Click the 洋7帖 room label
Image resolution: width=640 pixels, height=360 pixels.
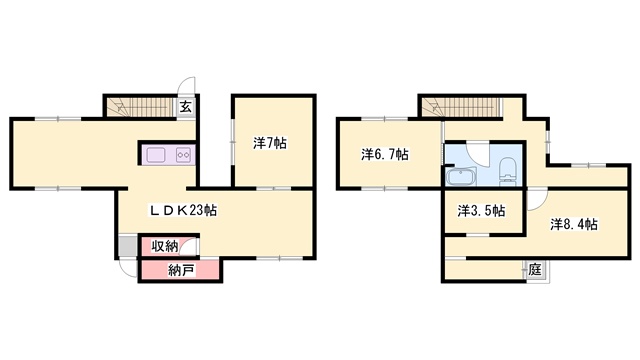[270, 143]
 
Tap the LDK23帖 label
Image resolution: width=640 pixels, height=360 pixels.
[183, 210]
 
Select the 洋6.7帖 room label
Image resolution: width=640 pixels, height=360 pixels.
[384, 155]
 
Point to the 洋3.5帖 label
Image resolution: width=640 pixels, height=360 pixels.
[481, 211]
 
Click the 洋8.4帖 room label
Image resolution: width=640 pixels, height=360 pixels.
[574, 224]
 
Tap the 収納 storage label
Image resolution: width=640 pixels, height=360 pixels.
[165, 246]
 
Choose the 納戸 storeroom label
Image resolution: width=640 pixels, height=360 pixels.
[181, 270]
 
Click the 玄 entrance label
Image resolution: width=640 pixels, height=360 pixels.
[186, 107]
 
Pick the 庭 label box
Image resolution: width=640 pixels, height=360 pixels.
[535, 270]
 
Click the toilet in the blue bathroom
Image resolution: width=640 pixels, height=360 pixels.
[508, 169]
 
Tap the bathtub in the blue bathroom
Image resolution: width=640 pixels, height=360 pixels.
[461, 177]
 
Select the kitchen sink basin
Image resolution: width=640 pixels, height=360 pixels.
[156, 155]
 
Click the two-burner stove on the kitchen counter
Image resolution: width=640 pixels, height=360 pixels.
[183, 155]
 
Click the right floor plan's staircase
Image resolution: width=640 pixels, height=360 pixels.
[461, 107]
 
